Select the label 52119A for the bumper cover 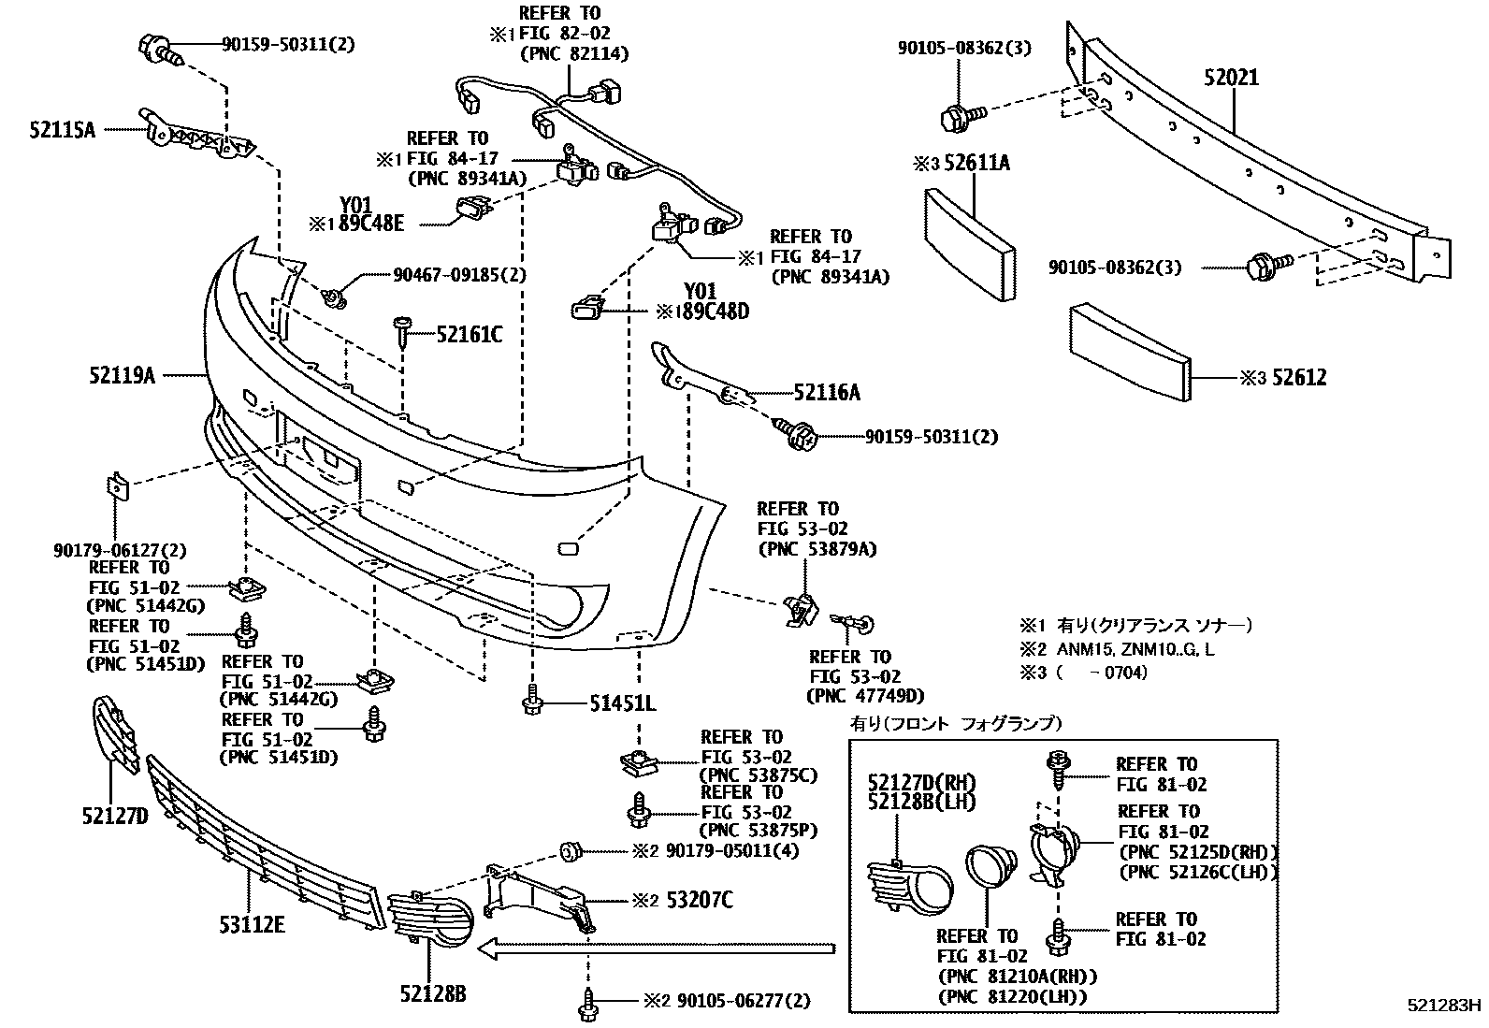tap(122, 375)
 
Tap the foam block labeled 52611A tap(969, 243)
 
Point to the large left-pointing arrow tap(655, 949)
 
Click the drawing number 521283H tap(1445, 1006)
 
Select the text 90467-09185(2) tap(459, 275)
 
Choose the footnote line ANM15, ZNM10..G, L tap(1136, 648)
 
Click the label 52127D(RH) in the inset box tap(921, 782)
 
